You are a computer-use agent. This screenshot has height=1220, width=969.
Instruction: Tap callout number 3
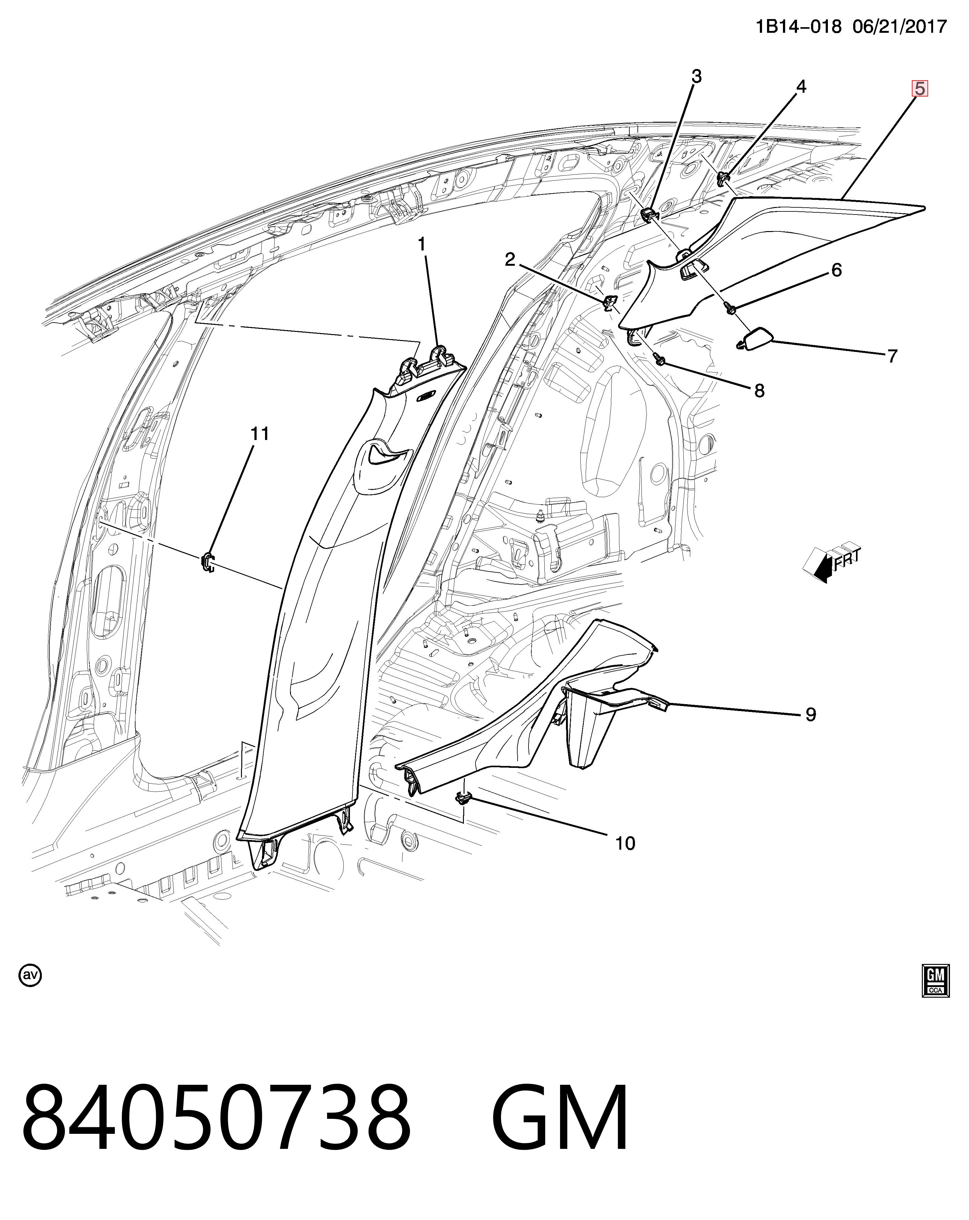coord(696,77)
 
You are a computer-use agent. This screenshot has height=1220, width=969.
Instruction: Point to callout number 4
coord(801,86)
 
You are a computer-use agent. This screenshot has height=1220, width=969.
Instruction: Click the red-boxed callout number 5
coord(920,89)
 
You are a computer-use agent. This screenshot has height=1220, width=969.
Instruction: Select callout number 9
coord(811,715)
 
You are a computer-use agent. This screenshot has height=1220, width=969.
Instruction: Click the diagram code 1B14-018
coord(799,27)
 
